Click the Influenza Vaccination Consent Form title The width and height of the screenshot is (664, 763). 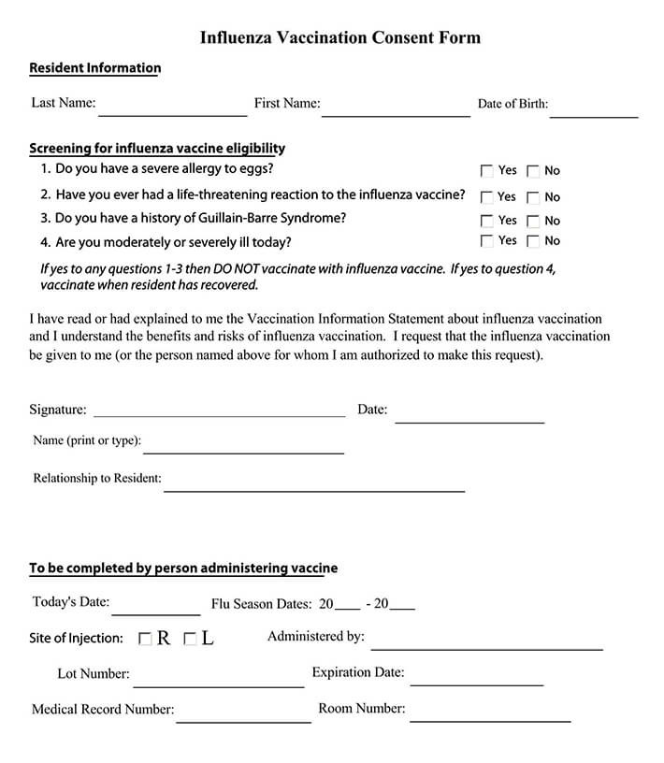click(339, 38)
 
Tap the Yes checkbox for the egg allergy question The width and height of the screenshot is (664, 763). click(486, 171)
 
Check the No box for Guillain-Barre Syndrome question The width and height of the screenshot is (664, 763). click(533, 222)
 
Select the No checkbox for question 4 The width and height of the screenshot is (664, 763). click(533, 241)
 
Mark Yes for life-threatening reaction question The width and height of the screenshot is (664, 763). click(486, 197)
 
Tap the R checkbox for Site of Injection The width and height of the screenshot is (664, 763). click(145, 640)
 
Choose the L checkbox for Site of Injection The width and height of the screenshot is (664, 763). click(190, 640)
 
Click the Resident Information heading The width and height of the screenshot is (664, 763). click(94, 68)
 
